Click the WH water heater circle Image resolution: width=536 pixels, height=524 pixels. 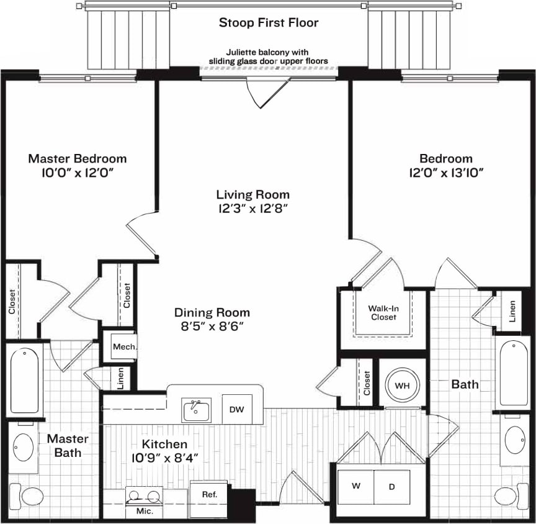[402, 385]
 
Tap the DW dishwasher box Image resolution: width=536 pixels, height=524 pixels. [236, 409]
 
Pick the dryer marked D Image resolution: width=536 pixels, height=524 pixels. [391, 487]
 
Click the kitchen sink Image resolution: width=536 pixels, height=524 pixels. [196, 410]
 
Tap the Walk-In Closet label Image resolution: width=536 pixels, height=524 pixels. [383, 312]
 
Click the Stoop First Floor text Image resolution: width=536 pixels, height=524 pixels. [268, 23]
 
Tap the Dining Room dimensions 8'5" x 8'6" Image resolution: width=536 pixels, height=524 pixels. [212, 327]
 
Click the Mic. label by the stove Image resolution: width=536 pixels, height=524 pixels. [143, 512]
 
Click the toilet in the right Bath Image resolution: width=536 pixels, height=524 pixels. [508, 497]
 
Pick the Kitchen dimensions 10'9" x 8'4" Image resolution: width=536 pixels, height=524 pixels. [164, 459]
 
